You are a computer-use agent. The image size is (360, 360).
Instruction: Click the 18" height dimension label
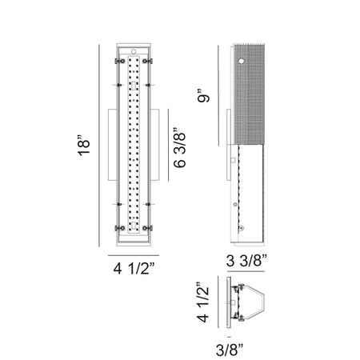[x=84, y=146]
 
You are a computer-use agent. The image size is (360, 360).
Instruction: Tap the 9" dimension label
[x=203, y=98]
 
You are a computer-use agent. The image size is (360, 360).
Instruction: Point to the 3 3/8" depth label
[x=246, y=261]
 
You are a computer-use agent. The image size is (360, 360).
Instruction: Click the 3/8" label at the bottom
[x=230, y=350]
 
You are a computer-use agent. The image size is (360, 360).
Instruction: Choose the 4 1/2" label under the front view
[x=134, y=268]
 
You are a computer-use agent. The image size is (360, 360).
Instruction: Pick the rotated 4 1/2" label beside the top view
[x=202, y=302]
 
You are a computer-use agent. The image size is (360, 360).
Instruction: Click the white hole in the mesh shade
[x=242, y=61]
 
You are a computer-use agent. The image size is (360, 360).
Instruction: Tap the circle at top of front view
[x=134, y=51]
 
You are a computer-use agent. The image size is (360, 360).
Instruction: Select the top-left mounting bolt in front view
[x=120, y=61]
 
